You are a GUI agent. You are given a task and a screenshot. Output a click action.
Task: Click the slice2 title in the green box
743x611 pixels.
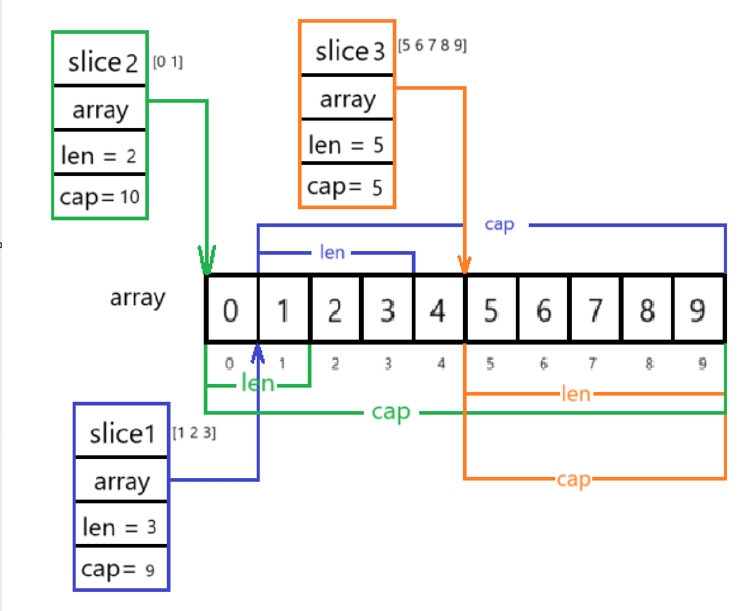(102, 63)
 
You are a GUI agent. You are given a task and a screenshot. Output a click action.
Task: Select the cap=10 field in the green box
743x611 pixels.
(100, 198)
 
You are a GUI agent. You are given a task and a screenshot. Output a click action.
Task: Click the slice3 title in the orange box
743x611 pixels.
(349, 52)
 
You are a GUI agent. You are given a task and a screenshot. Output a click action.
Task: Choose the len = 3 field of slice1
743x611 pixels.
(120, 527)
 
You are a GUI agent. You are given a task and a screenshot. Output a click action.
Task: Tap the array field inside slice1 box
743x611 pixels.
(121, 481)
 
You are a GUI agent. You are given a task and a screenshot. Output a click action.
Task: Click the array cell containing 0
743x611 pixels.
(230, 309)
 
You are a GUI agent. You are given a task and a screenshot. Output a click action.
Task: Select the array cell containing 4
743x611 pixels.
(438, 309)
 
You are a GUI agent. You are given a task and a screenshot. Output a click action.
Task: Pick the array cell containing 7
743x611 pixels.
(595, 309)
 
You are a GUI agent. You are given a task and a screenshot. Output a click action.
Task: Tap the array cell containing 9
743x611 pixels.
(698, 309)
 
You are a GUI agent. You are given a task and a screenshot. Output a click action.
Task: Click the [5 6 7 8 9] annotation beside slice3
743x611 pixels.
(432, 46)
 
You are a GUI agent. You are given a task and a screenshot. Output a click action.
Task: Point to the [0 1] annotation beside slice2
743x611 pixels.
(168, 62)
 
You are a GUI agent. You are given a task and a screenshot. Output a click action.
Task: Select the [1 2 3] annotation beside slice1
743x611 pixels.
(194, 433)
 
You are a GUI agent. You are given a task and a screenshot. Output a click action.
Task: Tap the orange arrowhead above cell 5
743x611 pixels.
(465, 265)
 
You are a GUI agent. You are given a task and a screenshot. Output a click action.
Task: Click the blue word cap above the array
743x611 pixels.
(499, 225)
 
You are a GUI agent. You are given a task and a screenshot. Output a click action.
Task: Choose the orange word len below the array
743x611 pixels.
(576, 393)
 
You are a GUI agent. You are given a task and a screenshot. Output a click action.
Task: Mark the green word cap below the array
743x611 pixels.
(391, 412)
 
